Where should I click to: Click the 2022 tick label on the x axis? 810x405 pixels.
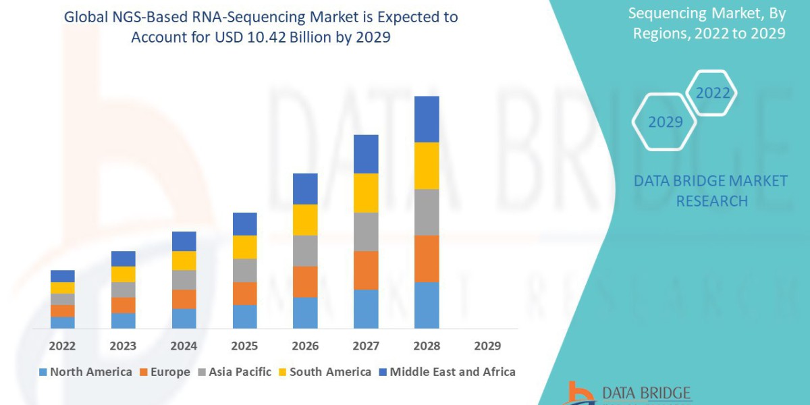click(62, 346)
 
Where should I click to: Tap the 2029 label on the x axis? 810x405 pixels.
click(487, 346)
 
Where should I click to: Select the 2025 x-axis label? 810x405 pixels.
click(244, 346)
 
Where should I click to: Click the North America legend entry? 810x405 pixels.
click(86, 372)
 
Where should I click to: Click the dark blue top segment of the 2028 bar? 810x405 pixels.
click(427, 119)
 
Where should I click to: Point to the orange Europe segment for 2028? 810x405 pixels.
click(427, 259)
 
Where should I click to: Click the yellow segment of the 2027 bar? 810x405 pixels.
click(366, 193)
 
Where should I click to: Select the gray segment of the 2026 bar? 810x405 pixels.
click(305, 250)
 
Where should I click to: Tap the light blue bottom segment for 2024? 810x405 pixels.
click(184, 319)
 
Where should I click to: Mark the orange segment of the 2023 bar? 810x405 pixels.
click(123, 305)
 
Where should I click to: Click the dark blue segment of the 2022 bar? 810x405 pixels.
click(62, 276)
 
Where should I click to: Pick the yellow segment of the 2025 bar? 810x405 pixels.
click(244, 247)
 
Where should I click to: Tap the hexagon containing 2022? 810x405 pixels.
click(712, 93)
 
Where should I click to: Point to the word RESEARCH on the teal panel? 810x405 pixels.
click(711, 201)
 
